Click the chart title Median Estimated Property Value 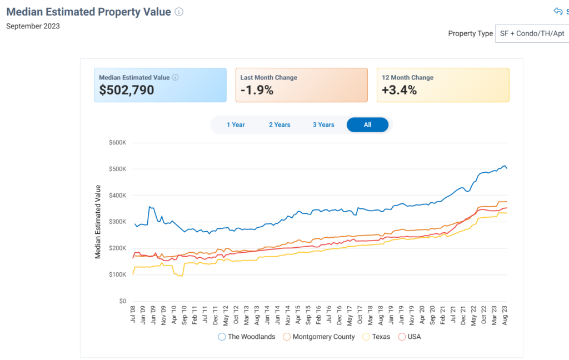(x=88, y=12)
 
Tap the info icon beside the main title (x=179, y=12)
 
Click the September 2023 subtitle (x=33, y=26)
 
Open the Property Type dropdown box (x=531, y=33)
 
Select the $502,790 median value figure (x=127, y=90)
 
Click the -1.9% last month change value (x=257, y=90)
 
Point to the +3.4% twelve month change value (x=399, y=90)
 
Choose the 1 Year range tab (x=236, y=125)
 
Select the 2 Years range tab (x=279, y=125)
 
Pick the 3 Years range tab (x=323, y=125)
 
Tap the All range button (x=367, y=125)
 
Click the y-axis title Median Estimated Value (x=98, y=222)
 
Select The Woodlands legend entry (x=247, y=337)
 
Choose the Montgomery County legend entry (x=318, y=337)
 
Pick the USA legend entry (x=410, y=337)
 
